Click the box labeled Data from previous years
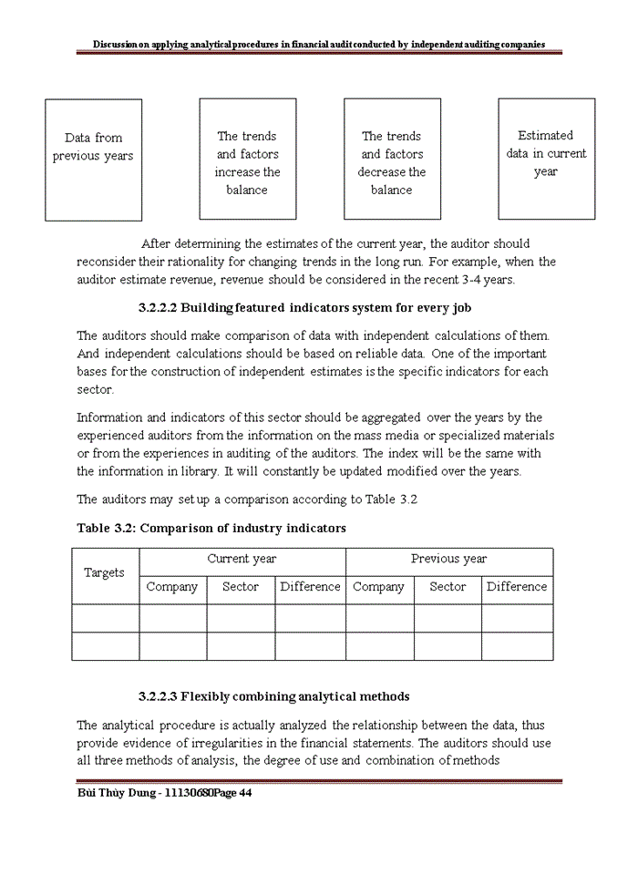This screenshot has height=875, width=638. coord(93,160)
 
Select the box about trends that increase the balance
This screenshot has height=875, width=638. coord(247,160)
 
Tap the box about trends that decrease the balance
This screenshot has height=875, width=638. coord(392,160)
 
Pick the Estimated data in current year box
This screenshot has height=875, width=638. coord(546,160)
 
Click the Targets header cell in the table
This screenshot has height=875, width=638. coord(105,573)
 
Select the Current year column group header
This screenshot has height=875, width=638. coord(242,560)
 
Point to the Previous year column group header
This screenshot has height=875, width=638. coord(448,560)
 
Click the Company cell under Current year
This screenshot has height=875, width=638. coord(172,588)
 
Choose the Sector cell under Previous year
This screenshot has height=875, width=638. coord(448,588)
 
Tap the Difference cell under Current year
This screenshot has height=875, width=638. coord(310,588)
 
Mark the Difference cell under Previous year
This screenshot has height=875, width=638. coord(517,588)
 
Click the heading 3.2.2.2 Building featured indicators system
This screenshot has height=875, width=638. coord(304,308)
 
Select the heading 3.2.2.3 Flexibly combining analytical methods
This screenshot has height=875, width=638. coord(273,696)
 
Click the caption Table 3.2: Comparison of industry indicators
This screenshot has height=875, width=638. coord(211,529)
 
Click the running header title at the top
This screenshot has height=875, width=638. coord(319,44)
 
